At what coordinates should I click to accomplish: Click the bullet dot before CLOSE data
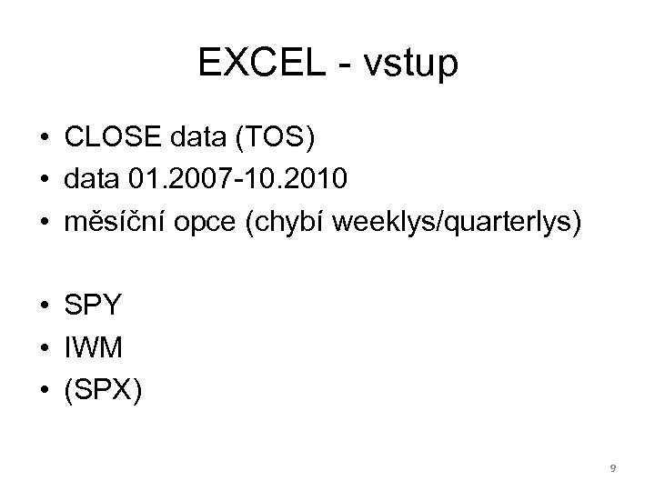tap(44, 139)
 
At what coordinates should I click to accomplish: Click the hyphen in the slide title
tap(341, 65)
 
